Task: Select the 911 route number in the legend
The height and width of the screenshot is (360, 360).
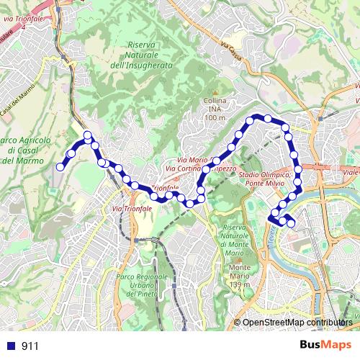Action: coord(30,346)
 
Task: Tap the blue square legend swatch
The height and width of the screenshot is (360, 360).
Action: coord(11,346)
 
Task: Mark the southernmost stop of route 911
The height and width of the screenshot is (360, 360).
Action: coord(291,223)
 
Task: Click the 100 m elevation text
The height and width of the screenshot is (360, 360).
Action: coord(215,117)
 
